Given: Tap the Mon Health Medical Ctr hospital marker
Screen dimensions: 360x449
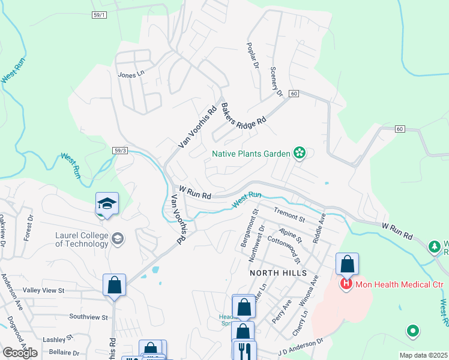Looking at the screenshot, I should pos(346,283).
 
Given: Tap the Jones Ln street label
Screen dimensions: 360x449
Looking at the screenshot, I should pos(131,75).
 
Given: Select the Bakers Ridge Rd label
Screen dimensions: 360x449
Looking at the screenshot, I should pos(243,113).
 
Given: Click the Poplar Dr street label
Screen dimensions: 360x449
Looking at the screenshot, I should pos(251,56).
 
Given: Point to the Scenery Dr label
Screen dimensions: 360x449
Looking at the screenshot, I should pos(276,82).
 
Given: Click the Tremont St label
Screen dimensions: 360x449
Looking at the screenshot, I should pos(289,213).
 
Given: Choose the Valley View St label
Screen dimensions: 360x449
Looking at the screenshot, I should pos(41,290).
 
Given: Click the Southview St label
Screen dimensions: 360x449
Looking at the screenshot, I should pos(88,316).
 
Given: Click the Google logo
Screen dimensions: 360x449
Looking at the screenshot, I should pos(20,352).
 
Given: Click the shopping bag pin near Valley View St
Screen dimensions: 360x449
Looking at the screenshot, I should pos(114,285).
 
